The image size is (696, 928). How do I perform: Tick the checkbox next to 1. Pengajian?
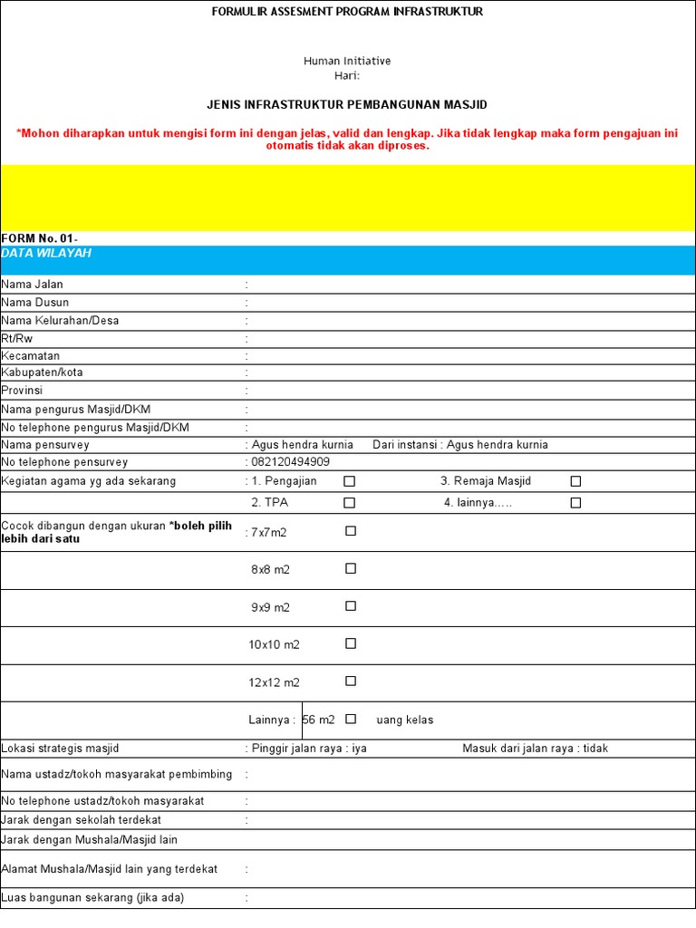coord(350,481)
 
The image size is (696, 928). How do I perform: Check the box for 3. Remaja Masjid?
coord(575,481)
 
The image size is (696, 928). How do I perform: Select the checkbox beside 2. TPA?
coord(350,503)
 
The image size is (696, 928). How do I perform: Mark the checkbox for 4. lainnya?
coord(575,503)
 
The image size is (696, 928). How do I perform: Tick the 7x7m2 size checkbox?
coord(351,531)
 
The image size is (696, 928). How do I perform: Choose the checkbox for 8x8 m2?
coord(351,569)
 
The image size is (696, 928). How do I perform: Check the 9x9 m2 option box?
coord(351,606)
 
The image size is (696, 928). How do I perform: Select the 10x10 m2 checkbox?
coord(351,643)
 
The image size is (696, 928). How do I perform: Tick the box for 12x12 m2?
coord(351,681)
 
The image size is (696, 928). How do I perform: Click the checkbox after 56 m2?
coord(351,719)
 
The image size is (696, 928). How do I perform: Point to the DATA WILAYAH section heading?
coord(46,254)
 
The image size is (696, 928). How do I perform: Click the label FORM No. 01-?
coord(39,238)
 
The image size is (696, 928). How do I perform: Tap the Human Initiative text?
coord(347,61)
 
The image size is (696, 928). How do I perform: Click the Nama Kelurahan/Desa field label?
coord(60,320)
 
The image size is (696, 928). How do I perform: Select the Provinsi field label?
coord(23,391)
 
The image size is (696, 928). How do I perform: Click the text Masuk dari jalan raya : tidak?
coord(535,749)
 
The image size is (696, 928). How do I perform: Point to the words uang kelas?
coord(404,720)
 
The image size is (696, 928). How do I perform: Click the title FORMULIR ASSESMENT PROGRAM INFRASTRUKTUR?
coord(347,12)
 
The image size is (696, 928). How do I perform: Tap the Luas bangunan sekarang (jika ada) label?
coord(92,898)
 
